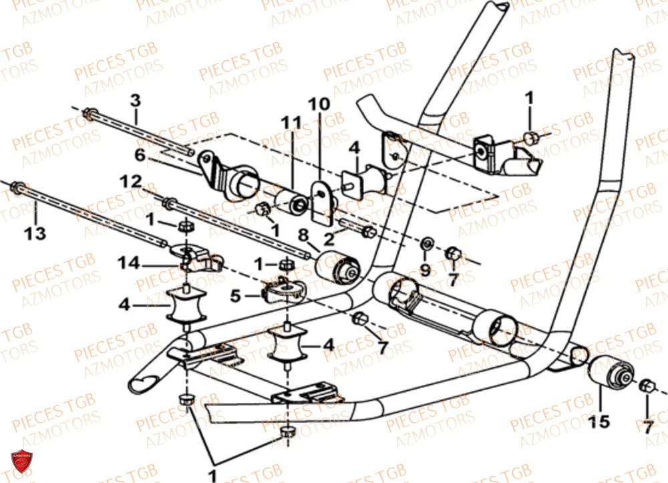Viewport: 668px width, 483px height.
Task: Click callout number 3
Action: pyautogui.click(x=136, y=101)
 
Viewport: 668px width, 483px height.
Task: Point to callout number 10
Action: pyautogui.click(x=319, y=104)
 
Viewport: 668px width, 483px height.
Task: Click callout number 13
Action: pyautogui.click(x=35, y=233)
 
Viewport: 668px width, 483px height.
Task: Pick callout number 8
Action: pyautogui.click(x=303, y=235)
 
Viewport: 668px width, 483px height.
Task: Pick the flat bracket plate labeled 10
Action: pyautogui.click(x=323, y=200)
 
